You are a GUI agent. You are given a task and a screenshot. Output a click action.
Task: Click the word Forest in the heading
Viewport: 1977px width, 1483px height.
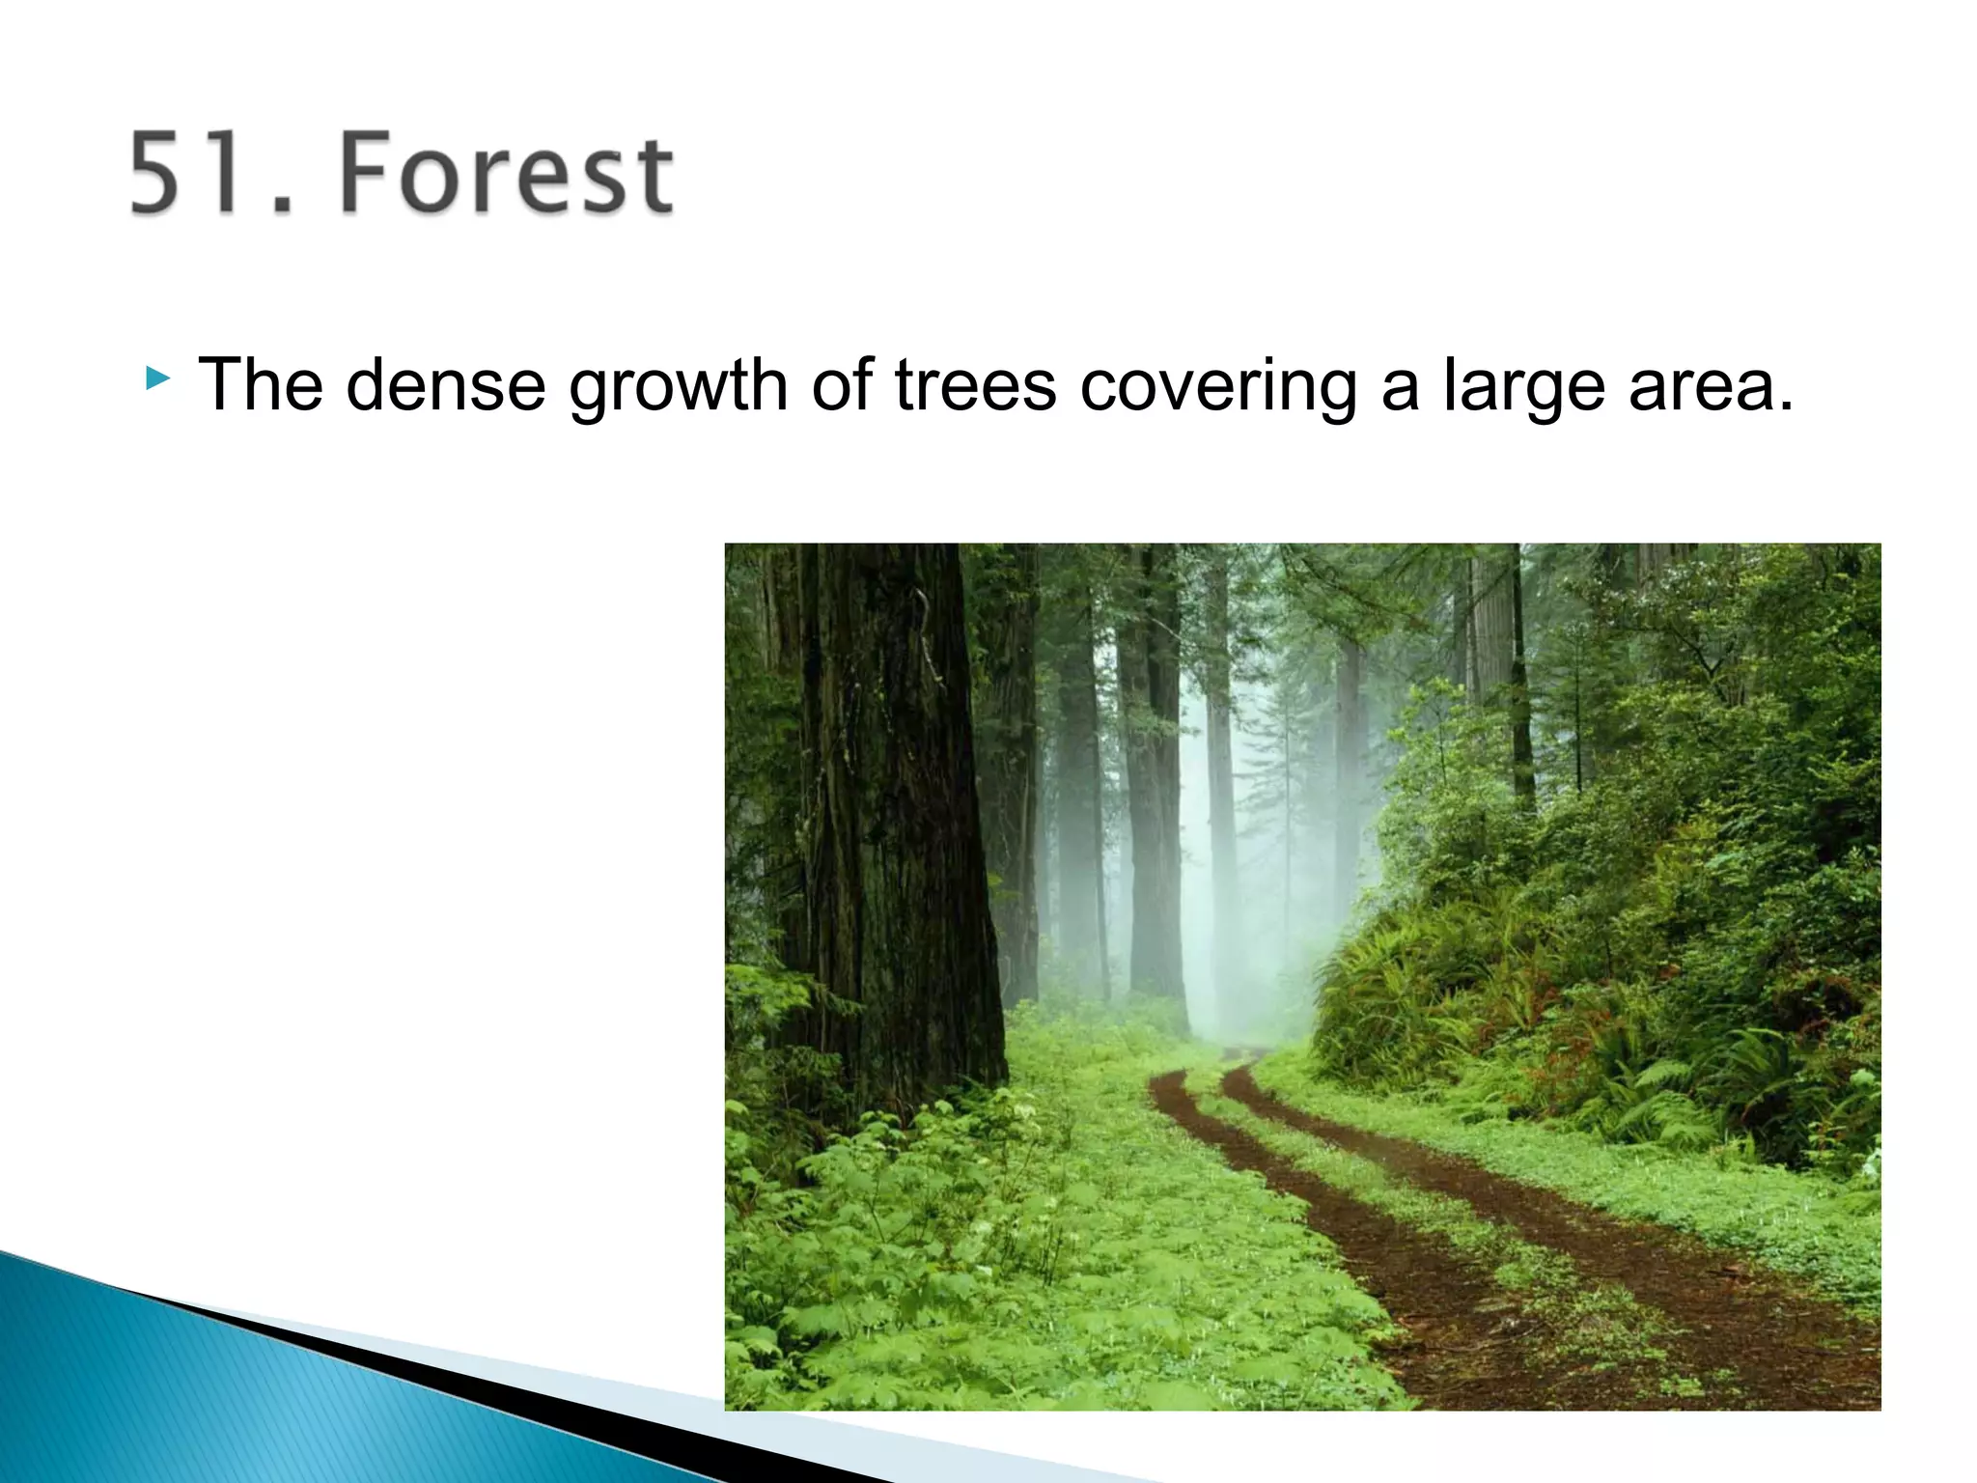(x=506, y=174)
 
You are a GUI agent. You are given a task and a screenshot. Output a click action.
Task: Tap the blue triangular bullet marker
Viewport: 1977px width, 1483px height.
(x=157, y=378)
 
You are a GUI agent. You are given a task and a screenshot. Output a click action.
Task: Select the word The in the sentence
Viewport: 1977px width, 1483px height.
(x=260, y=384)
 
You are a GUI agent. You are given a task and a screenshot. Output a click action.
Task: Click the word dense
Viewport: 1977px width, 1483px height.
(x=445, y=384)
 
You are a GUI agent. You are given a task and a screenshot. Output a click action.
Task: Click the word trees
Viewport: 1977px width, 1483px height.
(x=976, y=384)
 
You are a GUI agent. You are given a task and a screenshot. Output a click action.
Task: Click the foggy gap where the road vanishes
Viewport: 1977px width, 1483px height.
(x=1245, y=985)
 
